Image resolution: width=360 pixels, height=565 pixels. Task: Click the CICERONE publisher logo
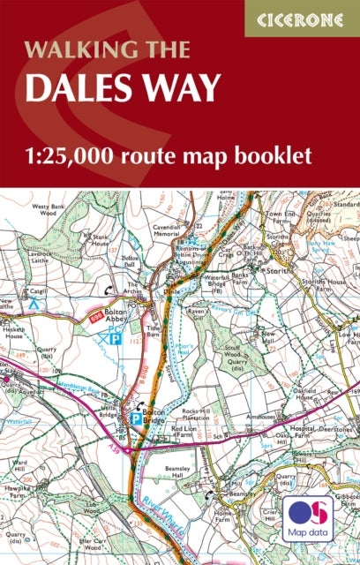tap(303, 17)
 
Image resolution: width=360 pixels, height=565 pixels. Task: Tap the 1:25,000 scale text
tap(96, 156)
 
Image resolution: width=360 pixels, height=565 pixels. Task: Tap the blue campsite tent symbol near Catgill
tap(34, 303)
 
